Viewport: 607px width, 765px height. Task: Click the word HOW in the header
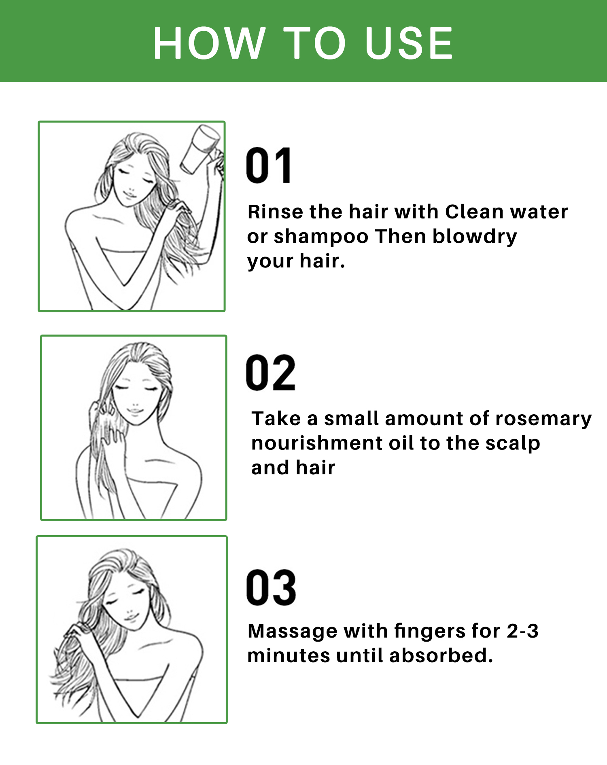click(209, 43)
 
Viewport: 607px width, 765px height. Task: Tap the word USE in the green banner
click(409, 43)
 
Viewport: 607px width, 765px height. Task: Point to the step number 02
click(270, 372)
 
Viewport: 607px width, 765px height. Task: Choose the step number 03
click(271, 587)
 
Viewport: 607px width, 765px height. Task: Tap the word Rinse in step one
click(275, 212)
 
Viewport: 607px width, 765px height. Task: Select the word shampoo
click(321, 237)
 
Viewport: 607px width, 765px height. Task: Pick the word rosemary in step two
click(543, 419)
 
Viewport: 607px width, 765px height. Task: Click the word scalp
click(513, 444)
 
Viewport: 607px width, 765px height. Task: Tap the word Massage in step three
click(292, 631)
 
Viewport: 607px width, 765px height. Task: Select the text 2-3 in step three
click(523, 631)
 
